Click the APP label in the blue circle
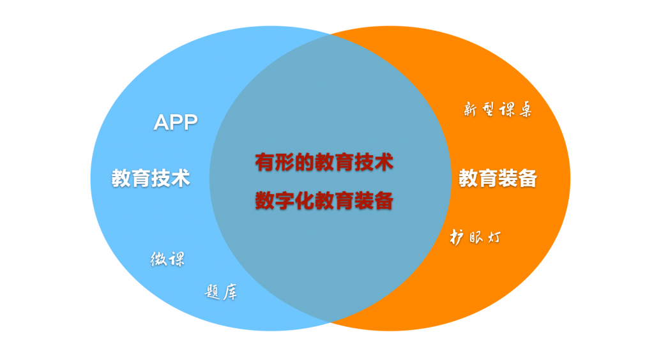176,123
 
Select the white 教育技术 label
151,178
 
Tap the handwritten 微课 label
168,259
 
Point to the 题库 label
221,292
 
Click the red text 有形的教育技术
324,162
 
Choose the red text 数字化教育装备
324,201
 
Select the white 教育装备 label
498,178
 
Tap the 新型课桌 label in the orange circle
498,110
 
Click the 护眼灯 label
475,237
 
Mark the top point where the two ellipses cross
331,34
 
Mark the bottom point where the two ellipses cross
331,322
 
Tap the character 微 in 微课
158,259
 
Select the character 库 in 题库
230,292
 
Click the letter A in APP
161,123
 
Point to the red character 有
264,162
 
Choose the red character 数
264,201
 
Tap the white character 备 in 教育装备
528,178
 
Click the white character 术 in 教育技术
181,178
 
